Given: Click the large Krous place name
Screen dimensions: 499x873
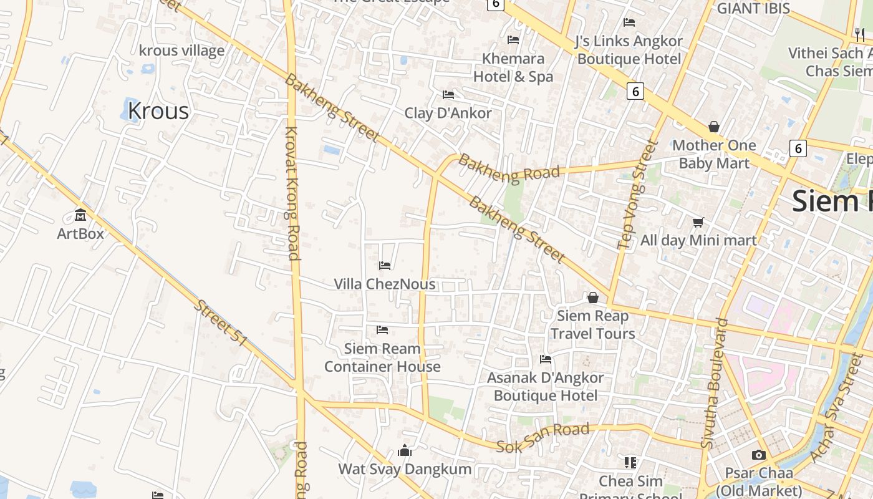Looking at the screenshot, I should point(158,111).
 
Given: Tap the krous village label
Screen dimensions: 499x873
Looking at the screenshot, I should point(181,51).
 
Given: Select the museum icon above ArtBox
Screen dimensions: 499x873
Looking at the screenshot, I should point(80,215).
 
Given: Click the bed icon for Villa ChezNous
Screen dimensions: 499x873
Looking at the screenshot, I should point(385,266).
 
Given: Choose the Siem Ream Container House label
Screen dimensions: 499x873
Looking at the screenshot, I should point(382,357).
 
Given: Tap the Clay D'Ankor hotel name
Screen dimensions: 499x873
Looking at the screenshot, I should point(448,113).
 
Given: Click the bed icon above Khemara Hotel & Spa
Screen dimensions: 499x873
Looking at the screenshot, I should point(513,40).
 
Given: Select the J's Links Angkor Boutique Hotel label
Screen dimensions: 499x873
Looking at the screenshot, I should point(629,50).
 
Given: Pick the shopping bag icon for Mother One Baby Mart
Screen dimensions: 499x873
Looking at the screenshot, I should point(714,127).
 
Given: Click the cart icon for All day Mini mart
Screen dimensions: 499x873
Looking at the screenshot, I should point(698,222).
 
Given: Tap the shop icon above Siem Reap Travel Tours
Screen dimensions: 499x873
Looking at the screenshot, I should point(593,298).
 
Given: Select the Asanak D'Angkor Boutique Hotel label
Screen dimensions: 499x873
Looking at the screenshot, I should point(546,387).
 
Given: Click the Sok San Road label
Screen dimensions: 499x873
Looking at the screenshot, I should point(543,437).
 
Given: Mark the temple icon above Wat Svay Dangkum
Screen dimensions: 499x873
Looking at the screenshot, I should point(405,450).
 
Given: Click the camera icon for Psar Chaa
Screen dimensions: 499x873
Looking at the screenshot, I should point(758,455).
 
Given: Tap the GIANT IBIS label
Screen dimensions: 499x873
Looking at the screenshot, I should point(753,9).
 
